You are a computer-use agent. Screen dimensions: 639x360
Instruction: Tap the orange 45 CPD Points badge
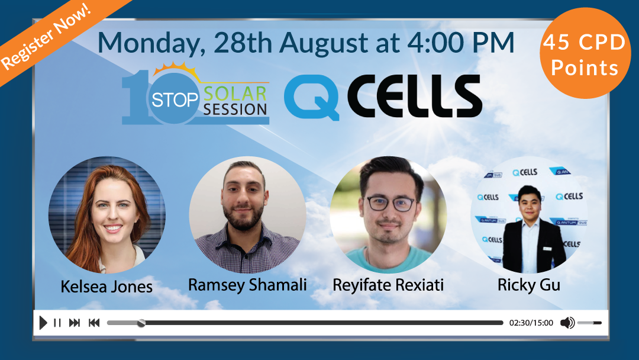tap(585, 53)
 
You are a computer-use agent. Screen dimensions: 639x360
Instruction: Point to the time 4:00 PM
tap(460, 43)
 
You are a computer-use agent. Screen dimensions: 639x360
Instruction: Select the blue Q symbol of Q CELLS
tap(312, 98)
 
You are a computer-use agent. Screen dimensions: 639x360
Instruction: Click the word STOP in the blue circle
tap(175, 99)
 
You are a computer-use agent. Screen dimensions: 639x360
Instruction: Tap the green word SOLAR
tap(235, 94)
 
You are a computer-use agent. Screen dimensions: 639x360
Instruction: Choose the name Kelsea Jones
tap(106, 287)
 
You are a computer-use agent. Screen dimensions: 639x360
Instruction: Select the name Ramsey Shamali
tap(247, 285)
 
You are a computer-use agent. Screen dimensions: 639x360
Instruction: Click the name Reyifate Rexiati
tap(388, 285)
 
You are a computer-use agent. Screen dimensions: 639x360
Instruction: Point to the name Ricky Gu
tap(528, 285)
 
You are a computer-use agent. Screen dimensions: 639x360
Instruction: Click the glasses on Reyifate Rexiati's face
tap(390, 204)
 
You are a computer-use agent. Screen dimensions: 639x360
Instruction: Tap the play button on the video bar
tap(43, 323)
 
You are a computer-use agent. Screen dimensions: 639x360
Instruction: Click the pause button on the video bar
tap(57, 323)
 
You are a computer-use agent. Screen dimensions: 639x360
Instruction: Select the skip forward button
tap(74, 323)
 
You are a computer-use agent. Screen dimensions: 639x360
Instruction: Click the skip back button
tap(94, 323)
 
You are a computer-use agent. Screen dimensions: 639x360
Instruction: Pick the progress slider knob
tap(141, 323)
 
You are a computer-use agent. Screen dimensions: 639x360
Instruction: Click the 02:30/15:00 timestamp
tap(531, 323)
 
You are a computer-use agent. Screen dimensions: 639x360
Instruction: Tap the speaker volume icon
tap(567, 323)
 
